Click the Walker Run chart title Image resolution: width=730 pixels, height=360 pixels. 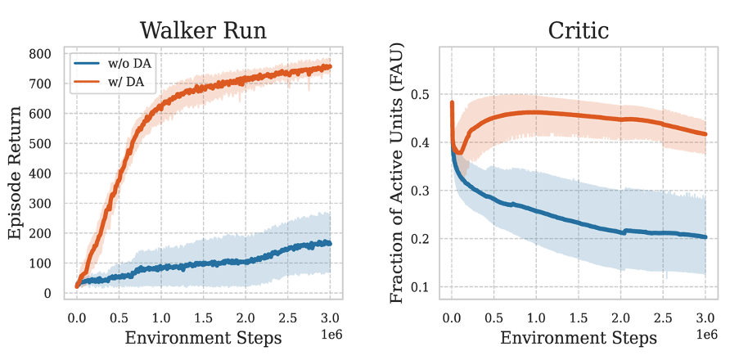203,30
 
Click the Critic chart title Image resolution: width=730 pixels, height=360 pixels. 578,30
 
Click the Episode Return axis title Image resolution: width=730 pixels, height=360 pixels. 16,173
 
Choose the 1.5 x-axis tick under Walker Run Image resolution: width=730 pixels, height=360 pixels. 203,316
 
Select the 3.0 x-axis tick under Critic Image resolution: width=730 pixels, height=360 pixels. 705,316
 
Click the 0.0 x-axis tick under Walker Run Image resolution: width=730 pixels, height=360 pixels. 77,316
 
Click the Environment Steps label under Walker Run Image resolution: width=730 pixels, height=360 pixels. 203,337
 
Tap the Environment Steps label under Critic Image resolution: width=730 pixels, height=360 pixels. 578,337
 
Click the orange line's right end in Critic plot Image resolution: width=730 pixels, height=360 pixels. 705,134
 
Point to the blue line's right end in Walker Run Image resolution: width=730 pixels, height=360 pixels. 330,243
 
